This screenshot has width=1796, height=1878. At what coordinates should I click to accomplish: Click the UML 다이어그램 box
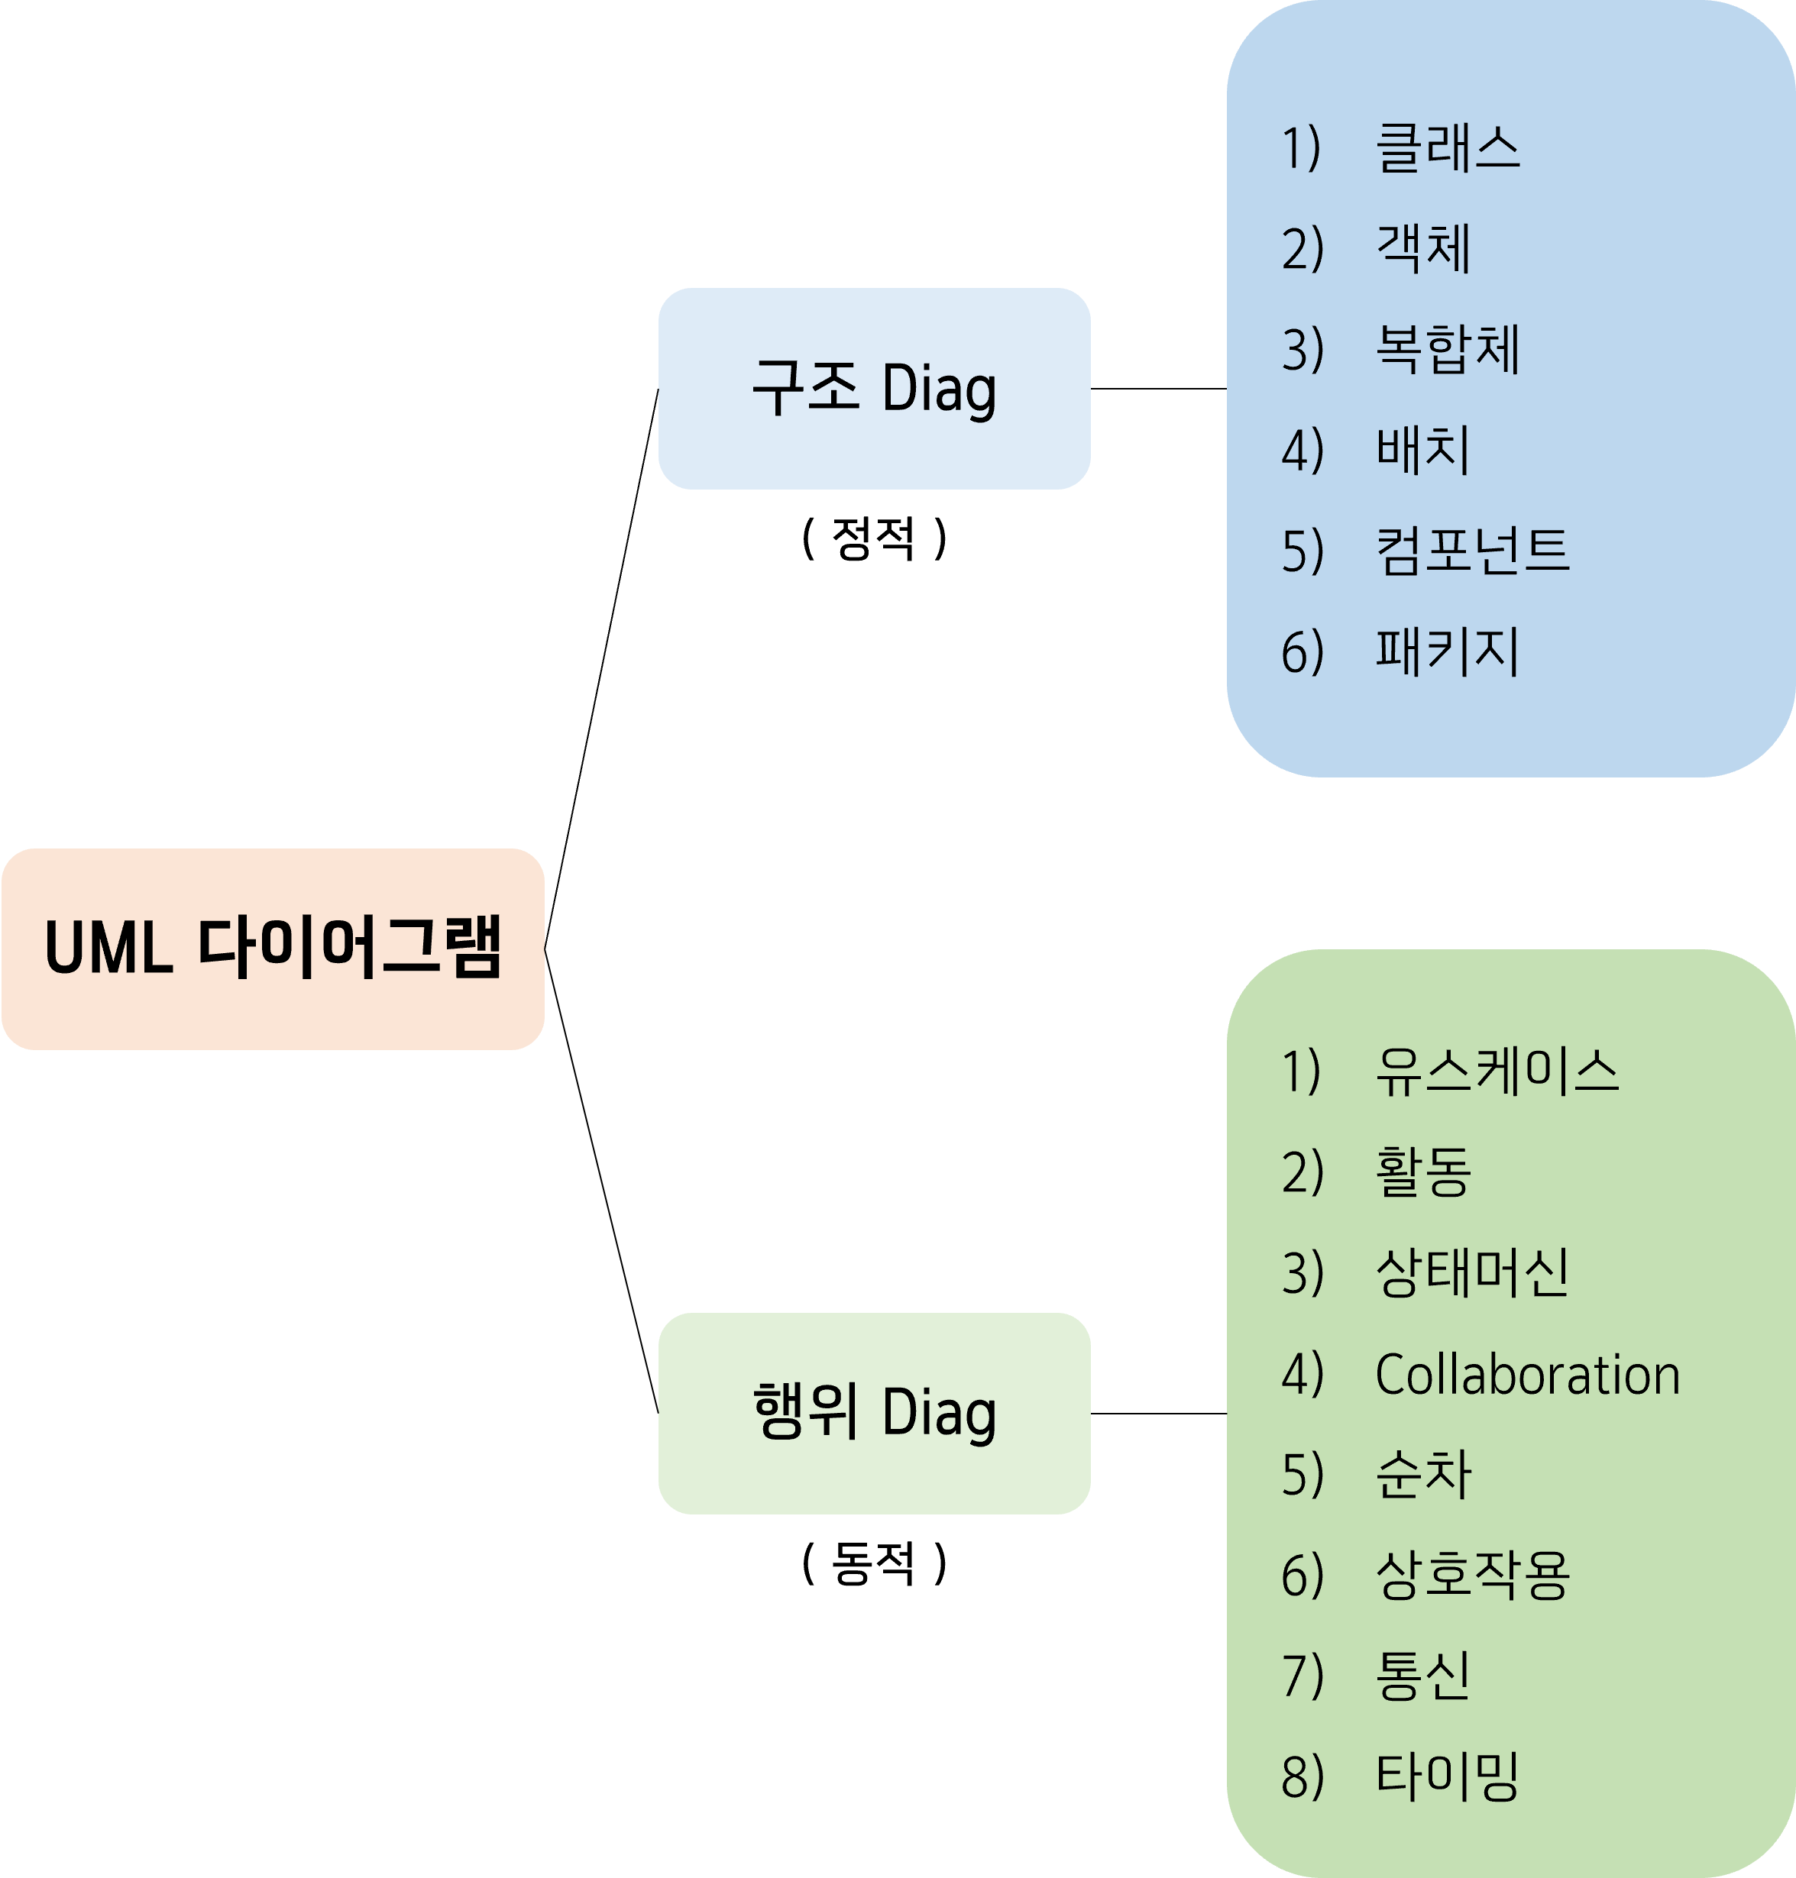point(273,949)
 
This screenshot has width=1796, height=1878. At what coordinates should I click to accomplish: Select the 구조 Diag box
point(874,389)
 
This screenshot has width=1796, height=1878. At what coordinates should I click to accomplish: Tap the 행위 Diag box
point(874,1413)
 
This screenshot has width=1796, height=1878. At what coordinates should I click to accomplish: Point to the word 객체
point(1422,250)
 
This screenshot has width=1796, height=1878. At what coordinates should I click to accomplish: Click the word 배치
point(1422,451)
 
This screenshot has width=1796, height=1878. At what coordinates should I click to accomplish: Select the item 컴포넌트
point(1472,551)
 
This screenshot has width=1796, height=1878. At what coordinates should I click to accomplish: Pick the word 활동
point(1422,1172)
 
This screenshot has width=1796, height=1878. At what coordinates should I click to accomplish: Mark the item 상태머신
point(1472,1273)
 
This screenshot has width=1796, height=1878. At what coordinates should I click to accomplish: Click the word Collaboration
point(1527,1375)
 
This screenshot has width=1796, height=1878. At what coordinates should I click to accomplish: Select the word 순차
point(1422,1474)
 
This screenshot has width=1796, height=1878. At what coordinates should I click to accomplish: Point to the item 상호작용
point(1472,1576)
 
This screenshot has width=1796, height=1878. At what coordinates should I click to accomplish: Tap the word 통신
point(1422,1676)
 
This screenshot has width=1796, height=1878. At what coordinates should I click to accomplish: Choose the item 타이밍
point(1448,1777)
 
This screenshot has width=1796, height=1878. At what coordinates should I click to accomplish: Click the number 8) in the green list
point(1302,1777)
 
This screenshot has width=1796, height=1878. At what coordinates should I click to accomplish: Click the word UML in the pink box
point(108,949)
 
